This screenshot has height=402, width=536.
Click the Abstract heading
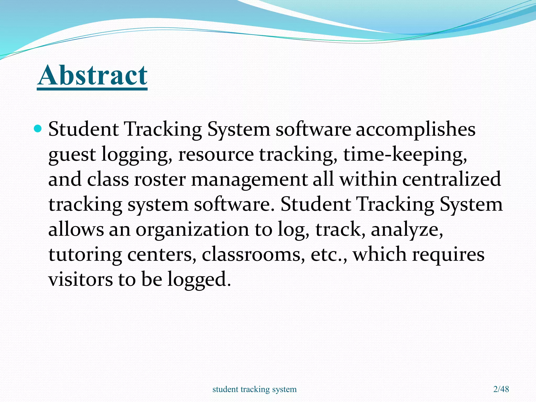click(92, 76)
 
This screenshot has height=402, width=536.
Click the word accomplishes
click(415, 130)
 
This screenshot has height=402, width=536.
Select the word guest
click(72, 155)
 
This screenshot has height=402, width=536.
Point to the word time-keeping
click(405, 155)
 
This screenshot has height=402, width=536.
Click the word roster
click(160, 180)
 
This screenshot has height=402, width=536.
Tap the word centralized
click(451, 180)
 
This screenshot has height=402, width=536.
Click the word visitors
click(80, 279)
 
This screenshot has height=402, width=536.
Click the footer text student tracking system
click(254, 389)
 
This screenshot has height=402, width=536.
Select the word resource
click(216, 155)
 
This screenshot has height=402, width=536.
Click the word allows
click(76, 230)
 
